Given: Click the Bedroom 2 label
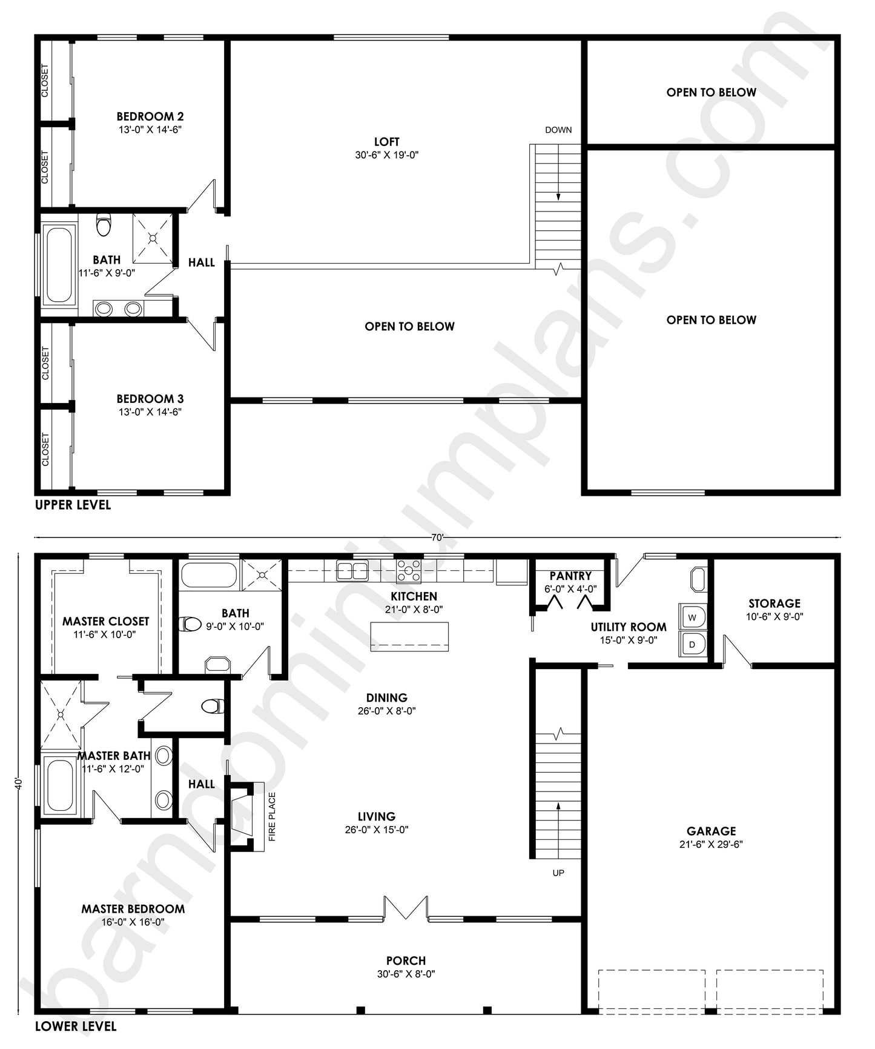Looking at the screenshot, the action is (x=150, y=116).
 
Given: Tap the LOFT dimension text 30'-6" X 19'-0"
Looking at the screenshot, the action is (x=387, y=155).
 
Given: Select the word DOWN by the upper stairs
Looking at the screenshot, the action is (x=558, y=130).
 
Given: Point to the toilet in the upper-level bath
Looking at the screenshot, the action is (x=104, y=224).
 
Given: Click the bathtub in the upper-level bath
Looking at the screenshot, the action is (x=59, y=264).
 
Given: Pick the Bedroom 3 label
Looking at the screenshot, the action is (x=150, y=399).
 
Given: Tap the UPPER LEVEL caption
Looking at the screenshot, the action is (x=73, y=505).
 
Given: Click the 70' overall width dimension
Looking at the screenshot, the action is (x=438, y=537).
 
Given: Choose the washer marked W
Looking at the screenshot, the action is (x=692, y=618).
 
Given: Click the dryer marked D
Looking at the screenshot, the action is (x=692, y=645).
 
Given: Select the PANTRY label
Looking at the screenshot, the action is (x=570, y=576).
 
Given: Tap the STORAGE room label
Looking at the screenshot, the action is (x=774, y=604).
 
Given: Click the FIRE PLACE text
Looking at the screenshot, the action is (x=272, y=817).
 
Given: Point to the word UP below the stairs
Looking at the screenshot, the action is (x=558, y=873).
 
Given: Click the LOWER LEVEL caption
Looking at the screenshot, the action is (x=76, y=1026).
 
